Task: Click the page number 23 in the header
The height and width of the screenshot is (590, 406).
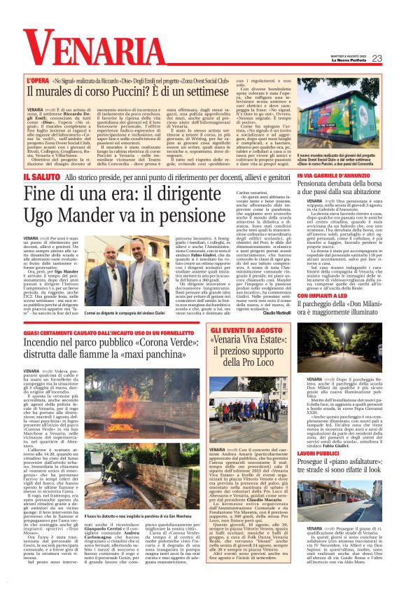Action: click(377, 58)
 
